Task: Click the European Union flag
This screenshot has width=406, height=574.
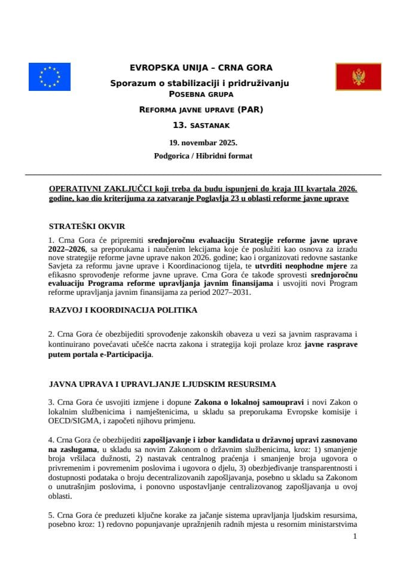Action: [x=49, y=77]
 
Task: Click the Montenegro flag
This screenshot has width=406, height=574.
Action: [x=358, y=77]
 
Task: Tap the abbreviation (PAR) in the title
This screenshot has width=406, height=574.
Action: [x=249, y=110]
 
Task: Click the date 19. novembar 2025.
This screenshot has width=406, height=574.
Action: [x=203, y=142]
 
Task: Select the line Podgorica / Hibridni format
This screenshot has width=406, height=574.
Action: [x=203, y=156]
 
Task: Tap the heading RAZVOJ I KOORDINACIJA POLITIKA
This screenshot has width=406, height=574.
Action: [x=123, y=310]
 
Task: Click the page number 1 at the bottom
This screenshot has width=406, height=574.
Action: [x=355, y=536]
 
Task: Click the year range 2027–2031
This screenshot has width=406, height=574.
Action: [x=232, y=293]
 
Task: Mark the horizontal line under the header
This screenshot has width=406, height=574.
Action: [x=203, y=175]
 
